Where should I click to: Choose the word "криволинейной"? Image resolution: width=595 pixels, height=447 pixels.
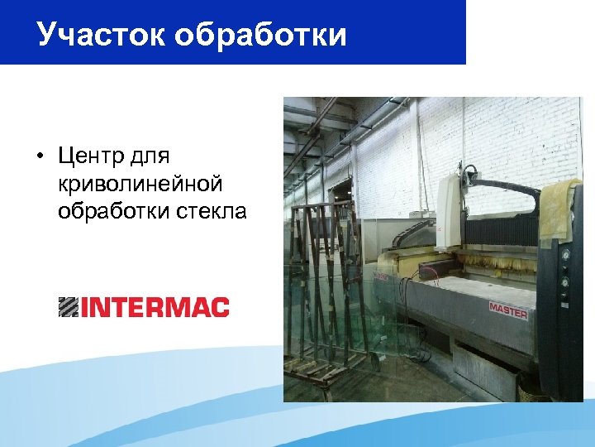(x=140, y=184)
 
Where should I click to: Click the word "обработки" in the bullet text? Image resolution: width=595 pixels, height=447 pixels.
(x=114, y=212)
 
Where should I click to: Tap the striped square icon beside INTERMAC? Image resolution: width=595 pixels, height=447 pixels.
(x=69, y=307)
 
